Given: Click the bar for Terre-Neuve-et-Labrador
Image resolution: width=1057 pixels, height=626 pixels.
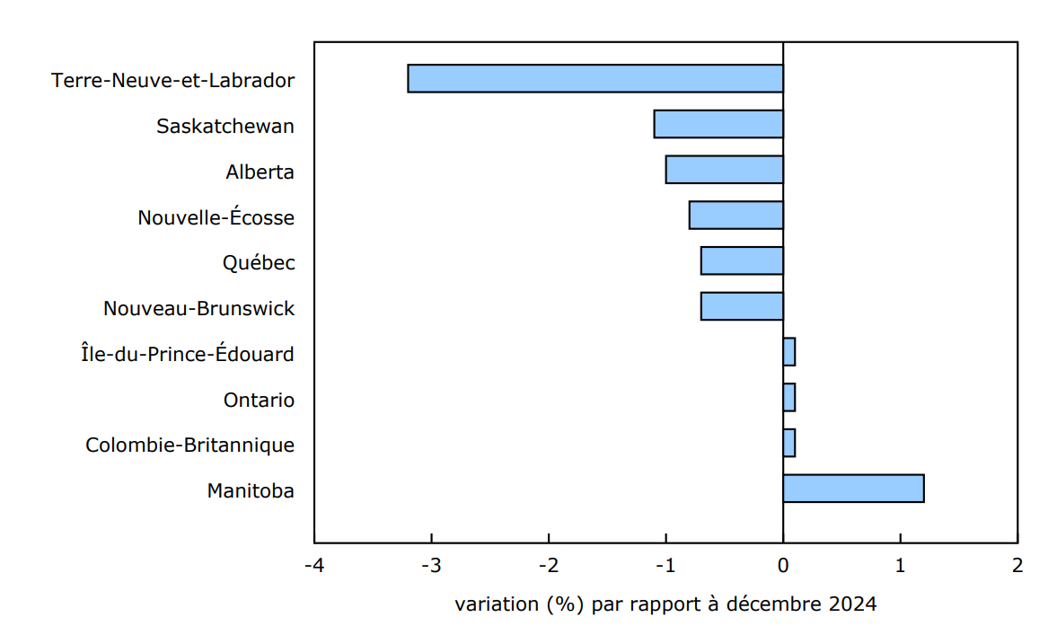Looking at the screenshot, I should click(x=595, y=78).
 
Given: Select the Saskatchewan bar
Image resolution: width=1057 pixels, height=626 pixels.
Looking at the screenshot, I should click(x=718, y=124).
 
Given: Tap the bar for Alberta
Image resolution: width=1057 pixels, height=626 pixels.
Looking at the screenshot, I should click(x=724, y=170).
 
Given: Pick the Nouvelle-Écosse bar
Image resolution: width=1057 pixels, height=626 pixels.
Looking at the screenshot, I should click(x=735, y=216).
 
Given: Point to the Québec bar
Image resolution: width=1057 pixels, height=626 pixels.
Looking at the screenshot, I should click(x=742, y=261).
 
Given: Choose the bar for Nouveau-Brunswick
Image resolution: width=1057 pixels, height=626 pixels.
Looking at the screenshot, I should click(x=742, y=306).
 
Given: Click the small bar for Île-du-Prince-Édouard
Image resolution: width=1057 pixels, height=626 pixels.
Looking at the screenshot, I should click(x=788, y=352).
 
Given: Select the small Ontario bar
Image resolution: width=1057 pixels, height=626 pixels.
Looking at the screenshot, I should click(x=788, y=397).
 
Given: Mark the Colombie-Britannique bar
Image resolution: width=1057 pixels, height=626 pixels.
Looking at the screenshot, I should click(x=788, y=443).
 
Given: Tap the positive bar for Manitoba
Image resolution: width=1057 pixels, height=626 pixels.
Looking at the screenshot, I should click(x=853, y=489).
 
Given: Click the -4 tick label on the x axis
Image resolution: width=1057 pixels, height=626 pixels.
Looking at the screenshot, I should click(x=314, y=566).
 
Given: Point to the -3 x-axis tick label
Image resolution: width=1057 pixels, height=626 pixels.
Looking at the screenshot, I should click(x=431, y=566).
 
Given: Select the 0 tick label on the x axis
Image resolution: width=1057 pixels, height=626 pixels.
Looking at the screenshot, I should click(x=783, y=566).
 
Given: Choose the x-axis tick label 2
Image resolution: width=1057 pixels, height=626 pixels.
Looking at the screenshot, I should click(x=1017, y=566).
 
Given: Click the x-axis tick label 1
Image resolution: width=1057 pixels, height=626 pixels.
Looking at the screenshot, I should click(x=900, y=566).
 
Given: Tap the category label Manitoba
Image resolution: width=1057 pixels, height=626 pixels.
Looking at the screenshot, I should click(x=251, y=490).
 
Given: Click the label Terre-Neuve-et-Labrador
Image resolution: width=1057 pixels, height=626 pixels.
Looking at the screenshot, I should click(x=173, y=80).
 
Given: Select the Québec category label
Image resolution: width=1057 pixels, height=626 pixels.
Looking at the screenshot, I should click(x=259, y=263).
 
